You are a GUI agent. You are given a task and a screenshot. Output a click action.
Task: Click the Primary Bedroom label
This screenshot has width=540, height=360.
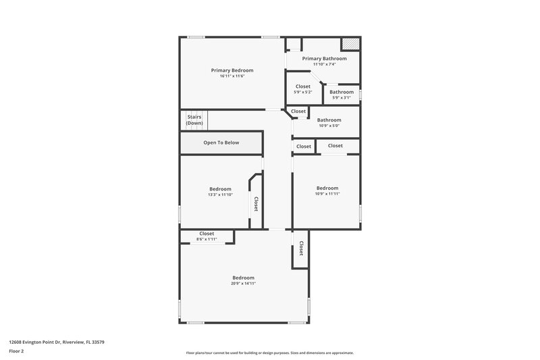point(232,70)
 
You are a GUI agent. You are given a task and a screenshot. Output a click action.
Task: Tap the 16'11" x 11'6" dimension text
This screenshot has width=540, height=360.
point(232,76)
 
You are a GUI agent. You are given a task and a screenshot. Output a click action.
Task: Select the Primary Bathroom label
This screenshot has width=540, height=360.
point(324,59)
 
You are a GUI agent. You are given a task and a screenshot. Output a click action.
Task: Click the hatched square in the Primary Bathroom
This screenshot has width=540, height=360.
point(350,44)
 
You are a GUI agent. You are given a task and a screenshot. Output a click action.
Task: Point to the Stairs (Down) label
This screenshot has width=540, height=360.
point(194,120)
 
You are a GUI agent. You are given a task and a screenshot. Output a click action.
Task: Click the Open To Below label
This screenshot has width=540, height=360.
point(221,143)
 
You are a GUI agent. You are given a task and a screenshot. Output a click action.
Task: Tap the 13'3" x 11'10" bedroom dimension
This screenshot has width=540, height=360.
point(220,195)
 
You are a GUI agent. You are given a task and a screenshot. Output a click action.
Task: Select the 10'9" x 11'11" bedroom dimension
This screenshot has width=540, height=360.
point(327,194)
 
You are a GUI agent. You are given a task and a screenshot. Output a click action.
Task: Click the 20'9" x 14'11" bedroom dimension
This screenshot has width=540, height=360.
point(243,284)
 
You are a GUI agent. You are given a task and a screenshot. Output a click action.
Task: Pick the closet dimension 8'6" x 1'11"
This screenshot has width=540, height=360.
point(206,239)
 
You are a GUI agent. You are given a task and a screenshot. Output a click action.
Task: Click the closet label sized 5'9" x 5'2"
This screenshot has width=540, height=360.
point(303,86)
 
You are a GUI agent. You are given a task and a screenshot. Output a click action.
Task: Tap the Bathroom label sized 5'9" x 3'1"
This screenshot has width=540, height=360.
point(342,92)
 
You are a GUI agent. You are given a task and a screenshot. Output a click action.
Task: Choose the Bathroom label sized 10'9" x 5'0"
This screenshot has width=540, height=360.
point(329,120)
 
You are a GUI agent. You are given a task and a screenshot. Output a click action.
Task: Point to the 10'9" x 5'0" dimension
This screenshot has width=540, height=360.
point(329,126)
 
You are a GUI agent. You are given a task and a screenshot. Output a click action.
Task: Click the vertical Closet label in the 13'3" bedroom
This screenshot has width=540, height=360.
point(256,204)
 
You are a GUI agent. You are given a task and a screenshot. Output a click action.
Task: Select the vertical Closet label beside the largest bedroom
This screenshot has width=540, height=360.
point(301,249)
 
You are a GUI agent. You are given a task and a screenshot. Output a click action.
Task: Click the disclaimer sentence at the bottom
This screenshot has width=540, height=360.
point(269,353)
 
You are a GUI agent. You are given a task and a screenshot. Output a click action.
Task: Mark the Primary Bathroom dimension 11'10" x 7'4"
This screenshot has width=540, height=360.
point(324,64)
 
